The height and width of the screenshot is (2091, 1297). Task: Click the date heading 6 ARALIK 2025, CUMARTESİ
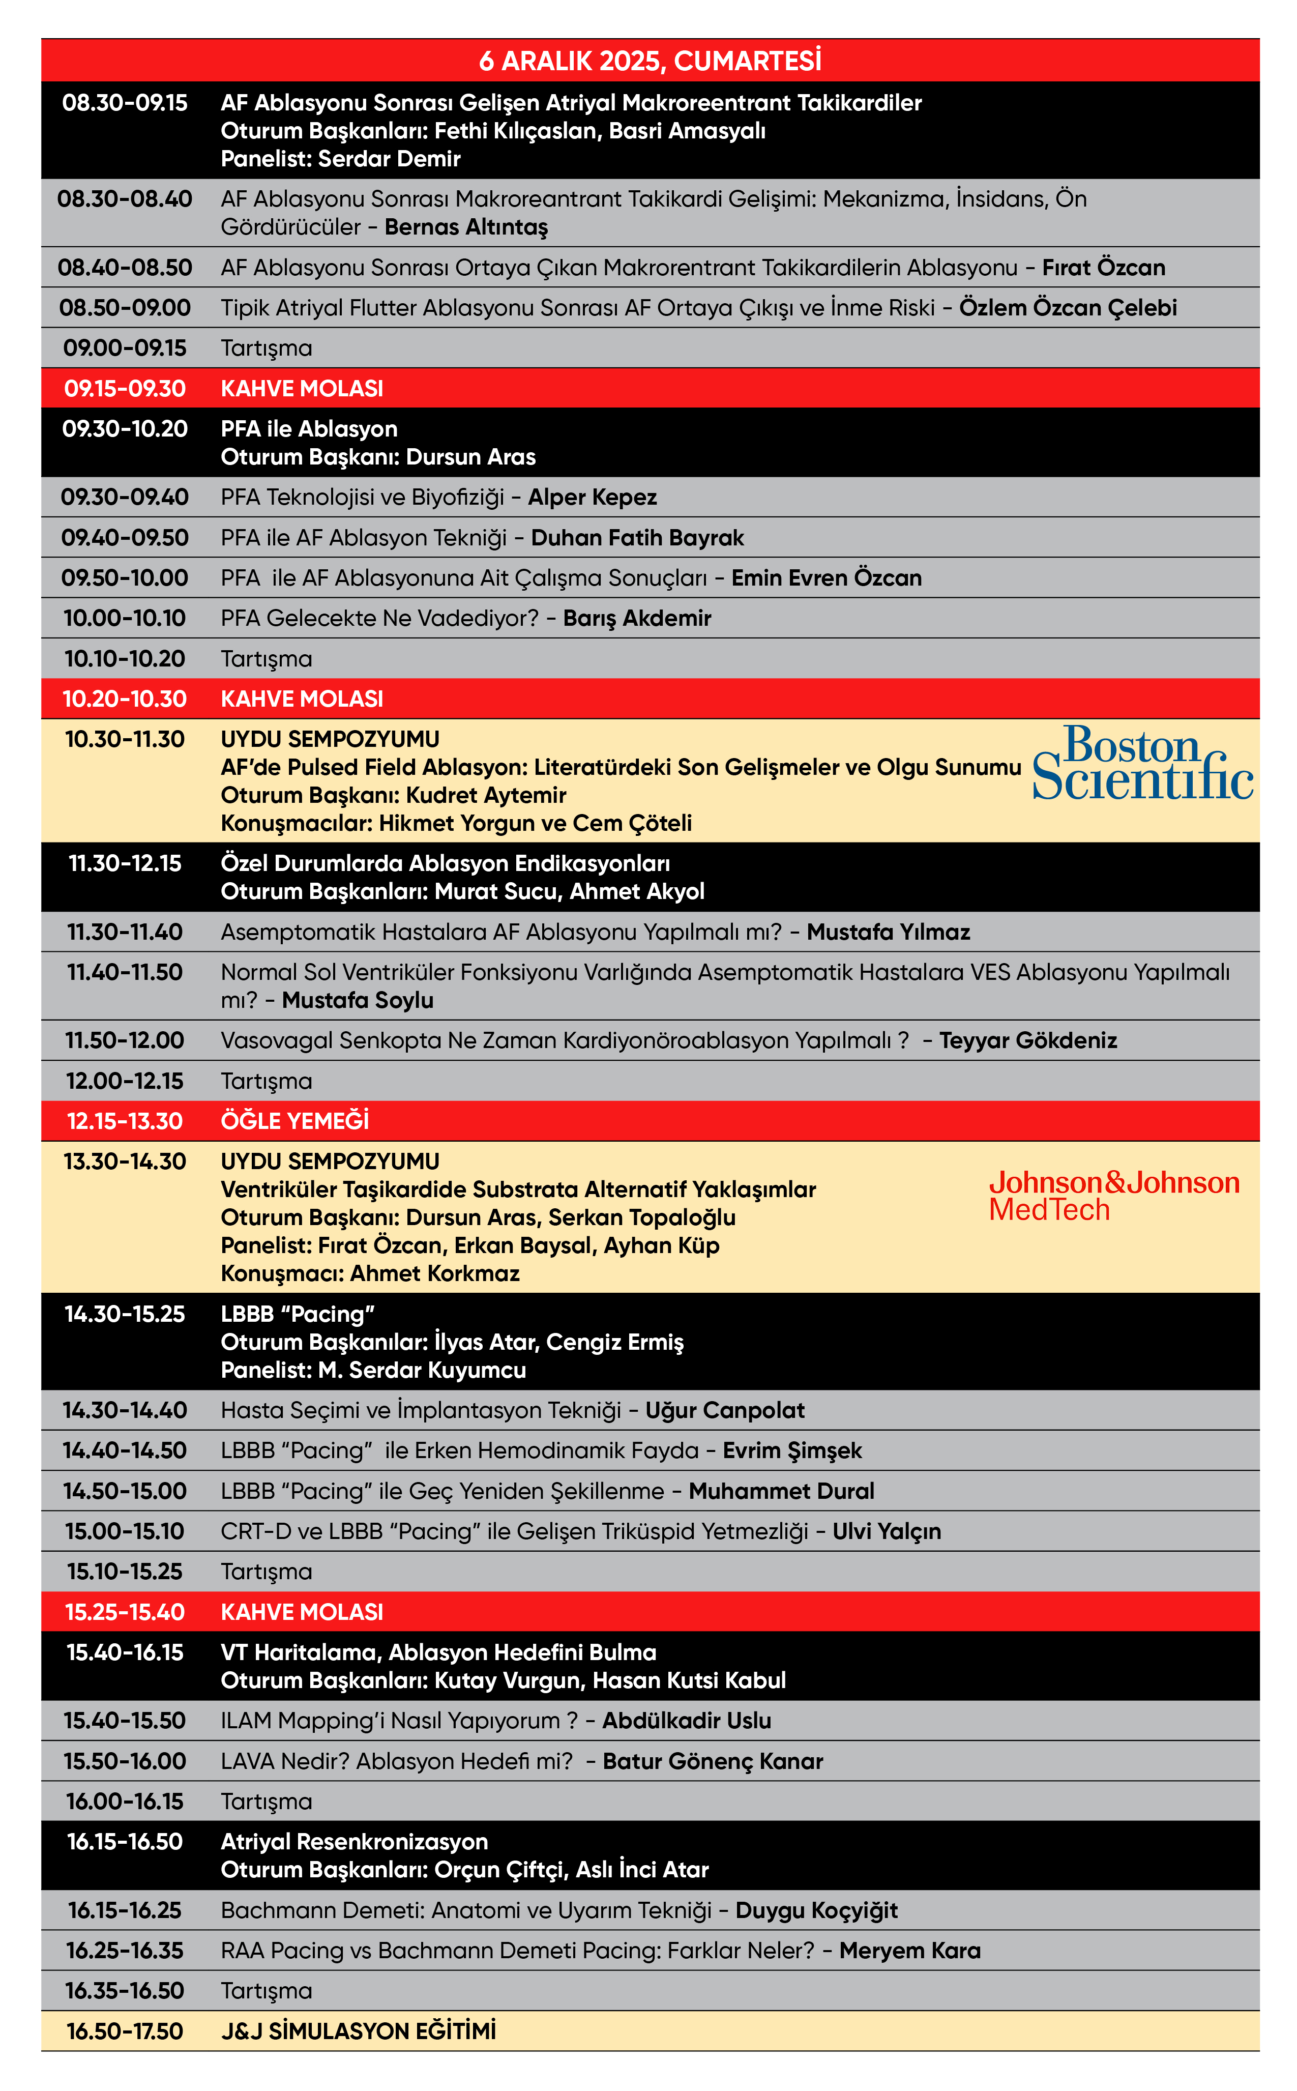point(650,61)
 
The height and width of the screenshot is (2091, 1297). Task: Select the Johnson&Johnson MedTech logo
point(1113,1195)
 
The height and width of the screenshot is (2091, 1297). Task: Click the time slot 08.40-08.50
point(125,268)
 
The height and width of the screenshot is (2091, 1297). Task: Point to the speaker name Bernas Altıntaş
point(466,227)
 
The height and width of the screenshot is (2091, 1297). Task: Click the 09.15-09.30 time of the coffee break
point(125,389)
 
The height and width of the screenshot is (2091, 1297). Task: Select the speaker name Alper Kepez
point(592,498)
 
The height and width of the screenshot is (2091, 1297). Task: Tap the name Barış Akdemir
point(636,619)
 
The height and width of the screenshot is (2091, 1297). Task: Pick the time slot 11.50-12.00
point(125,1041)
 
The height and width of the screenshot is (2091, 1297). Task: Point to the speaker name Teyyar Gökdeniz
point(1027,1041)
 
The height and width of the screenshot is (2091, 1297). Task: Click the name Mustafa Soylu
point(358,1000)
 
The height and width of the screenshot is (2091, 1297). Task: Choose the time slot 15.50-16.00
point(125,1761)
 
